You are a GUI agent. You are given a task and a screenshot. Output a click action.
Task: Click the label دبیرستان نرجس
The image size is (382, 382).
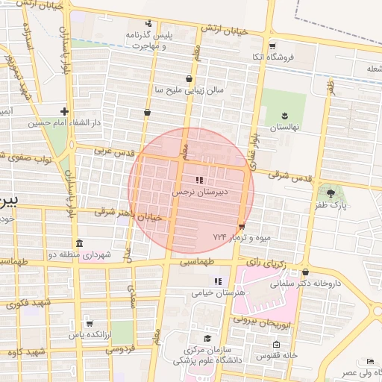199,192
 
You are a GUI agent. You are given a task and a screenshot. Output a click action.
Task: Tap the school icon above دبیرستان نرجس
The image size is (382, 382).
198,180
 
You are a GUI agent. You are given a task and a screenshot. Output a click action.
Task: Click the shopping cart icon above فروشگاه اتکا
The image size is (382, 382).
272,46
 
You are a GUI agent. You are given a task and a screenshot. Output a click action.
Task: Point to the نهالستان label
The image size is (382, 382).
284,127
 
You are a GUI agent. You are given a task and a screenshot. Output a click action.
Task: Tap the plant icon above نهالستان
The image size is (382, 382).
284,115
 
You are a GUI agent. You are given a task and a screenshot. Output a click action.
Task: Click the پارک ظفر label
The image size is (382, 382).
331,204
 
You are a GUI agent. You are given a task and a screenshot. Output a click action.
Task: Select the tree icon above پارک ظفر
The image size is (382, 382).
331,192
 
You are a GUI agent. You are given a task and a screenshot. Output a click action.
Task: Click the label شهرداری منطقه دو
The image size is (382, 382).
80,255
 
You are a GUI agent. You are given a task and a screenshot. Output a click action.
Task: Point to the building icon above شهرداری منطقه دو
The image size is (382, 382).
80,244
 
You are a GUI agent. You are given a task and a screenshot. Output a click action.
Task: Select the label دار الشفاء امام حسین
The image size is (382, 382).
64,123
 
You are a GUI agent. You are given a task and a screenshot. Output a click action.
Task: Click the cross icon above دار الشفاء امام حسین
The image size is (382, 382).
65,111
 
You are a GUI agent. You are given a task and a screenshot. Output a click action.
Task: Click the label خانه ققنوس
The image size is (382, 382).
277,355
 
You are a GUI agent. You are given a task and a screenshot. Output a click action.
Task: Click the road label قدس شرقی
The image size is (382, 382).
289,178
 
